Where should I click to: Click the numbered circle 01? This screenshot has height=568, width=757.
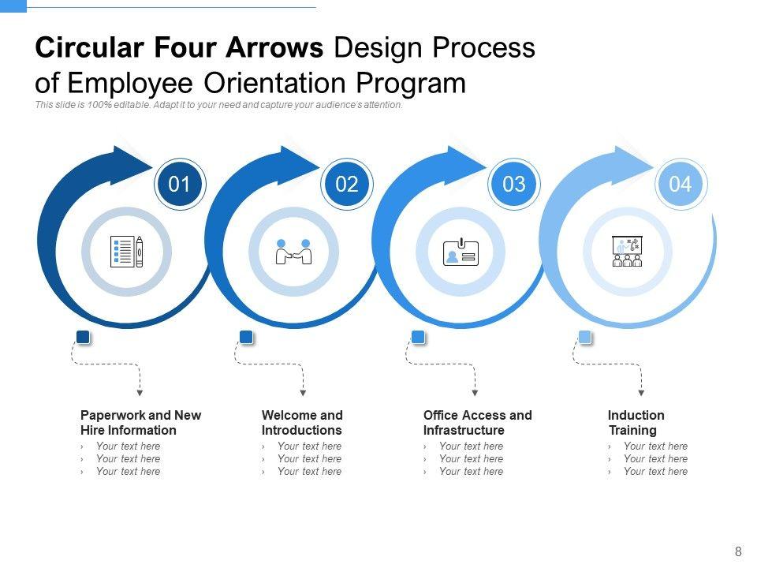point(180,185)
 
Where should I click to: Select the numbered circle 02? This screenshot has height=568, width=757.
point(347,185)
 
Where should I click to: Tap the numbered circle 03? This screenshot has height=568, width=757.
point(513,185)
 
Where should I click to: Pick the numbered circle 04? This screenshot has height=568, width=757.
point(681,185)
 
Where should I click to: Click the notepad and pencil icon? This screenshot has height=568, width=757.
point(128,252)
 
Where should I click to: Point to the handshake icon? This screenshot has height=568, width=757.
point(293,252)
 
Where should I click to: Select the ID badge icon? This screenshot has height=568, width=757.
point(461,252)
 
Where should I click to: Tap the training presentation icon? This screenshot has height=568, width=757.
point(628,252)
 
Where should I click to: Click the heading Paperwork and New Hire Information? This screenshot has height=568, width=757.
point(140,423)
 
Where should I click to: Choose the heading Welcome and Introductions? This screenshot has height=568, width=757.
point(302,423)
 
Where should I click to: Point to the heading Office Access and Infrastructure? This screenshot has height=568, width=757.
point(477,423)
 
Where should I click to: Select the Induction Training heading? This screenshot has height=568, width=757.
point(636,423)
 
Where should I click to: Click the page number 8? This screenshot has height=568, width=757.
point(738,552)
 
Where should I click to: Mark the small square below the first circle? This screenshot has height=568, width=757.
point(83,338)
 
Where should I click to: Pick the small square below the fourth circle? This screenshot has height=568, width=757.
point(585,338)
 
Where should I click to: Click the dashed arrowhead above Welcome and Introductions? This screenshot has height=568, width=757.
point(303,392)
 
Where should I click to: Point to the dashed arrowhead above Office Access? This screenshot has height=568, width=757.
point(474,392)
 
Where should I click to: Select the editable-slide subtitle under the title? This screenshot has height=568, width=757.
point(219,105)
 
